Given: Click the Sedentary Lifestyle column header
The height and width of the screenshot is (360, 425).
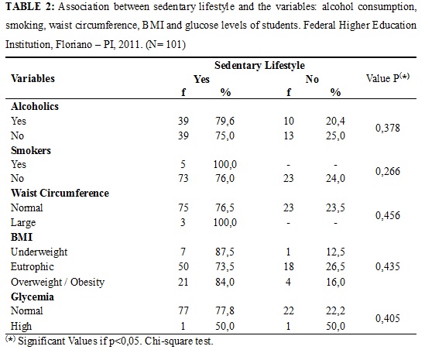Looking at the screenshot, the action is (259, 65).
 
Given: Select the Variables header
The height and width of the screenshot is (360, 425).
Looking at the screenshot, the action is (33, 78).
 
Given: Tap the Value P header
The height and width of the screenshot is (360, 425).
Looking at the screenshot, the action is (388, 77).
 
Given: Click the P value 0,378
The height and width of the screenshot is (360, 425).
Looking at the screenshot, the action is (388, 128).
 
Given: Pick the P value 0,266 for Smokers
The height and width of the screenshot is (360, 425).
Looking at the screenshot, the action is (388, 171).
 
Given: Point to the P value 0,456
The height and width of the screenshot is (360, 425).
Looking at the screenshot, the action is (388, 215).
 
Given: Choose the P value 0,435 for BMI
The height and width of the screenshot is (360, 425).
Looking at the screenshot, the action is (388, 267).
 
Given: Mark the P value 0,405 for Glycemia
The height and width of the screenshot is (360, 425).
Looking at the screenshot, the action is (388, 318).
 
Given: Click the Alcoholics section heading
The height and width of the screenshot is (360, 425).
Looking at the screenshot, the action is (35, 106).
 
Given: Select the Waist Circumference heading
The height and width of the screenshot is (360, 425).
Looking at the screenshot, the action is (60, 193).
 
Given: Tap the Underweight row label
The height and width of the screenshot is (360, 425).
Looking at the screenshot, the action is (39, 252).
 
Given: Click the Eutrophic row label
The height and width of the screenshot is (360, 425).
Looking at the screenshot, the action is (33, 267).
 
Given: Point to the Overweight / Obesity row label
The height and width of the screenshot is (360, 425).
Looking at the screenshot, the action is (57, 282).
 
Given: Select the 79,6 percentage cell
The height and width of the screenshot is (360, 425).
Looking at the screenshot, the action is (225, 121).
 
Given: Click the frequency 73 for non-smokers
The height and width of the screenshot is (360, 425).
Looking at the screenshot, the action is (183, 178).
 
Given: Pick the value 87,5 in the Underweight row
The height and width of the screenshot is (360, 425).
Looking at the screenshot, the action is (225, 252).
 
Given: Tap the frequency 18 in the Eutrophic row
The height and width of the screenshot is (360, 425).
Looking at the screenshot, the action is (289, 267).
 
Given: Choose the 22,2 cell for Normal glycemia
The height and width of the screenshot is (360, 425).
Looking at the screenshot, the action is (335, 310).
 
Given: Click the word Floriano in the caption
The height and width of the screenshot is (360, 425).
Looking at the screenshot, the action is (74, 44).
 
